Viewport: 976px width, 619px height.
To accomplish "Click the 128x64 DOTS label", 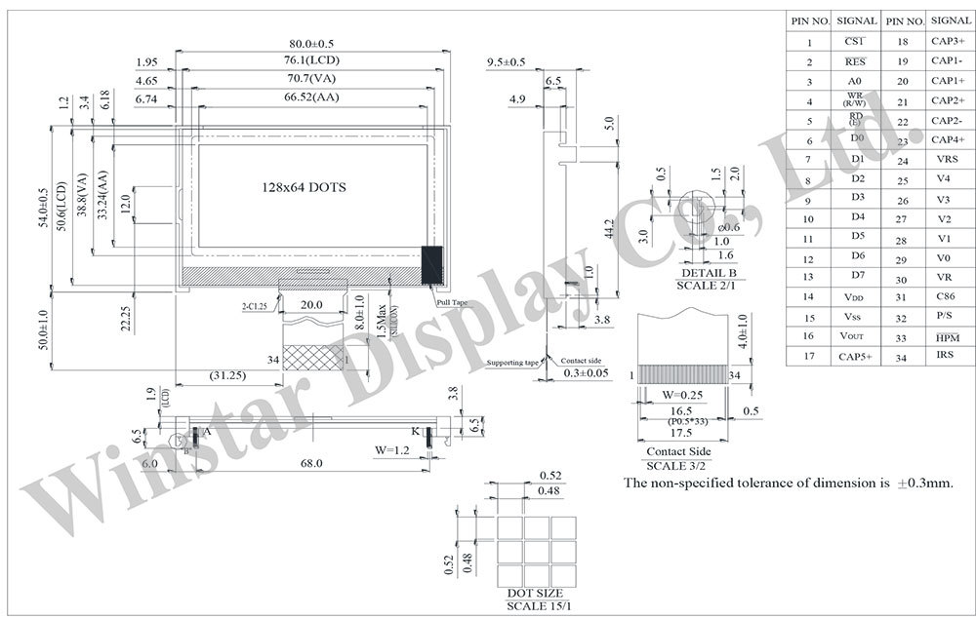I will pos(304,186).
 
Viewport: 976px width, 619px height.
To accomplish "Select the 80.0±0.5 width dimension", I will pos(311,44).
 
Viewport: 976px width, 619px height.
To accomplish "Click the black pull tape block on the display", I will pos(432,264).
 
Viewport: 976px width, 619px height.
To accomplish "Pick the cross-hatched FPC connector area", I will pos(312,360).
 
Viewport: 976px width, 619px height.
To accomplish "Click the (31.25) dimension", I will pos(226,375).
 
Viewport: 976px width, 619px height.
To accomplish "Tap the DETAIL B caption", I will pos(708,274).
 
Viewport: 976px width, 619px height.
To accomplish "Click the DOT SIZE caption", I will pos(535,594).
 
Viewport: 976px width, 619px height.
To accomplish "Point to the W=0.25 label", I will pos(682,395).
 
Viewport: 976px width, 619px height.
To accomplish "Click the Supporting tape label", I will pos(512,363).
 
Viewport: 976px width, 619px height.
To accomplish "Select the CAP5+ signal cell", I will pos(856,357).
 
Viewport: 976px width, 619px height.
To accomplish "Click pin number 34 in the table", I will pos(902,357).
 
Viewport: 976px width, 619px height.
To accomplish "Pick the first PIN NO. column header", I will pos(809,20).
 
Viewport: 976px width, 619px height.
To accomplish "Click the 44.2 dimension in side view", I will pos(608,230).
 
